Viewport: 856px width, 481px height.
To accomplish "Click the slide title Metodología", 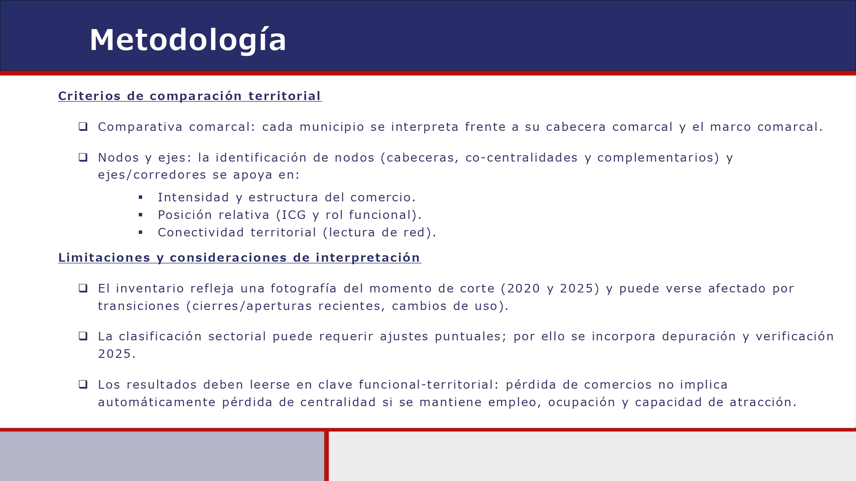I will click(x=188, y=40).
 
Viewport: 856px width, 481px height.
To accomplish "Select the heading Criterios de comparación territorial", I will click(x=190, y=96).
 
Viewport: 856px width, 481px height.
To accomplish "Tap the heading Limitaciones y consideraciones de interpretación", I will click(x=239, y=258).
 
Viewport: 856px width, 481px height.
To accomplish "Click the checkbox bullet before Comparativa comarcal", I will click(x=83, y=127).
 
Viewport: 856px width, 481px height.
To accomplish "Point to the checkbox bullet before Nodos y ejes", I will click(x=83, y=157).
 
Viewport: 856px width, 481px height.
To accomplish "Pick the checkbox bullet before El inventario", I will click(x=83, y=288).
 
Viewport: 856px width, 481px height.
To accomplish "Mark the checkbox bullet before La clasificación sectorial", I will click(x=83, y=336).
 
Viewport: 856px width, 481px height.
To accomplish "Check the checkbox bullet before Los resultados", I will click(x=83, y=384).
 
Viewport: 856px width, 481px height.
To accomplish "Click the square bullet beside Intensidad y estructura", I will click(x=140, y=198).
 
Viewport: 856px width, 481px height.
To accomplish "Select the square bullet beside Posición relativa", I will click(x=140, y=215).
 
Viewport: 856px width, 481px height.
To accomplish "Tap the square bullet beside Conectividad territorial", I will click(x=140, y=233).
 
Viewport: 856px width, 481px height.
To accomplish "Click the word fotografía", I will click(x=303, y=289).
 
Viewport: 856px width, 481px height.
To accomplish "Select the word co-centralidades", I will click(x=521, y=158).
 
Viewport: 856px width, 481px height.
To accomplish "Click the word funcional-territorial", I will click(x=426, y=385).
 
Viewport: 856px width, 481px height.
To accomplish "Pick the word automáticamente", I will click(x=157, y=402).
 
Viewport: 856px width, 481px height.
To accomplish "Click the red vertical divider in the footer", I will click(x=327, y=456).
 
